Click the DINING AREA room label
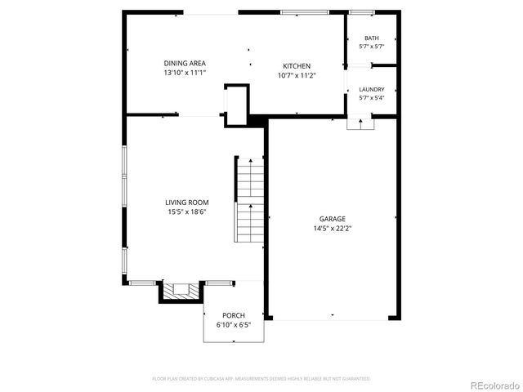(184, 63)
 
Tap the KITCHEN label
(297, 66)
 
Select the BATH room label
(372, 38)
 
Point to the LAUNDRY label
(372, 90)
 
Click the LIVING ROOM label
(186, 203)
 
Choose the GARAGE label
(332, 219)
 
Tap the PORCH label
(234, 315)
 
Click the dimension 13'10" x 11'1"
(184, 73)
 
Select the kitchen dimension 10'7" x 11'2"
(297, 75)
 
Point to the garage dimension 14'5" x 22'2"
(332, 228)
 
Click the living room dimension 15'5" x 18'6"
(186, 212)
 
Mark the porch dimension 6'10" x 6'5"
(234, 324)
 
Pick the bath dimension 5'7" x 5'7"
(372, 47)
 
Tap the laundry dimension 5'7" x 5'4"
(372, 98)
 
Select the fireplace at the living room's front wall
(180, 290)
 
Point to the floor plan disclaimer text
(261, 378)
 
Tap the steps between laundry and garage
(360, 122)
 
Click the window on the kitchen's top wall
(300, 11)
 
